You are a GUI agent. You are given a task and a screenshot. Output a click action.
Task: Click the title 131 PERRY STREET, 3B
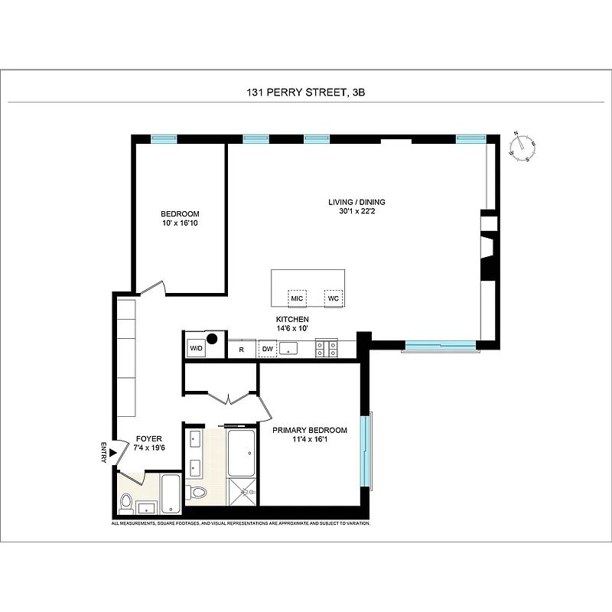305,93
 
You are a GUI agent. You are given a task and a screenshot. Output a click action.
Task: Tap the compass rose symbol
522,147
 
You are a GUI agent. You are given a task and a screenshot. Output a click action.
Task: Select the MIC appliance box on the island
297,298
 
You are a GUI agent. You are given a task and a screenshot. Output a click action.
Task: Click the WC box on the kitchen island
333,298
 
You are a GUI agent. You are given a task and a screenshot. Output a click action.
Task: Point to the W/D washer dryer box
196,349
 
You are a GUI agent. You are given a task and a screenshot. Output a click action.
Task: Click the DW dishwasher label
267,350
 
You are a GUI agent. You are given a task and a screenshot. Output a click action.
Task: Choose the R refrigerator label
241,350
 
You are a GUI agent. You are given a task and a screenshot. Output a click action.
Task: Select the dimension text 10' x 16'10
180,223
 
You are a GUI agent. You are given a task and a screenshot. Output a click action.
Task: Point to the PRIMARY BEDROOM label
310,431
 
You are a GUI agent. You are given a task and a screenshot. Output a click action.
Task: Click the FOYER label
149,438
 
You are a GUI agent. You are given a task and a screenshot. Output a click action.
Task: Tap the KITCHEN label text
292,319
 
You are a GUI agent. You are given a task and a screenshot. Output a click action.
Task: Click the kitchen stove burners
327,350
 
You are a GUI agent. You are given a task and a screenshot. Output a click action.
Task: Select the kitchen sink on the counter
288,350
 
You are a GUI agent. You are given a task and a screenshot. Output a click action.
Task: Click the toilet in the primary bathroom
198,493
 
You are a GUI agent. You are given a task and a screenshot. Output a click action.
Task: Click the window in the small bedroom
163,139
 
